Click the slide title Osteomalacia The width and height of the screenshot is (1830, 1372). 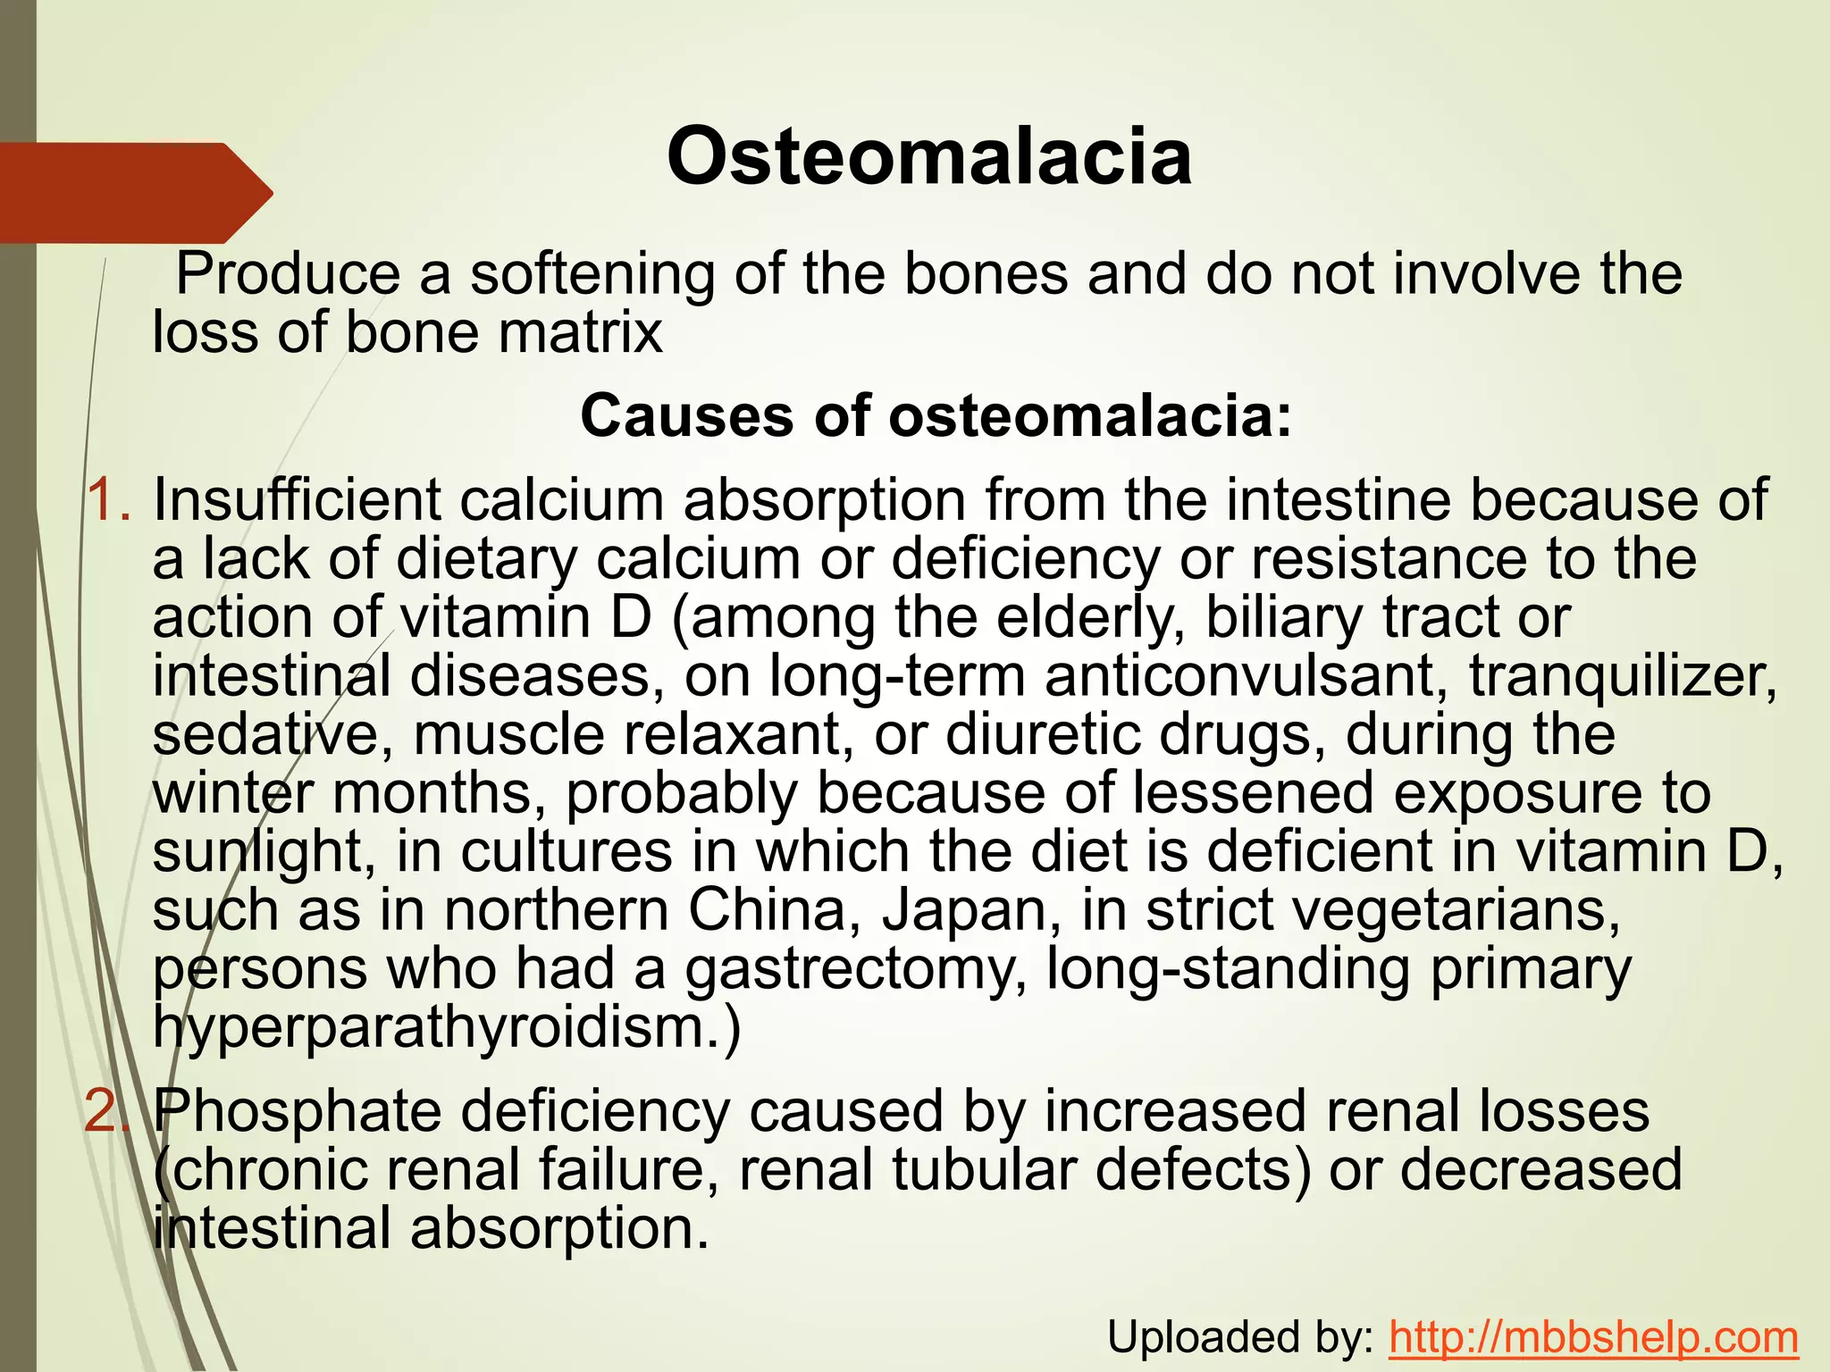[x=928, y=157]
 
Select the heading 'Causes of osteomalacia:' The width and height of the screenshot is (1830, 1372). [x=936, y=416]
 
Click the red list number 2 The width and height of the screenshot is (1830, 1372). [x=108, y=1112]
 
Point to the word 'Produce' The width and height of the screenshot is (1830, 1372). [x=288, y=274]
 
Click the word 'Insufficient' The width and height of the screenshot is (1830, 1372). [x=297, y=499]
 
